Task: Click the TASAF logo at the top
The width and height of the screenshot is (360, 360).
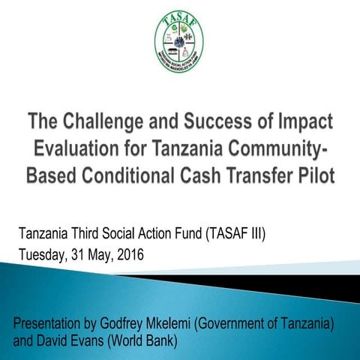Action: point(179,42)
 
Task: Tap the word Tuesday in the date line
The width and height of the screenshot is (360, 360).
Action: point(45,255)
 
